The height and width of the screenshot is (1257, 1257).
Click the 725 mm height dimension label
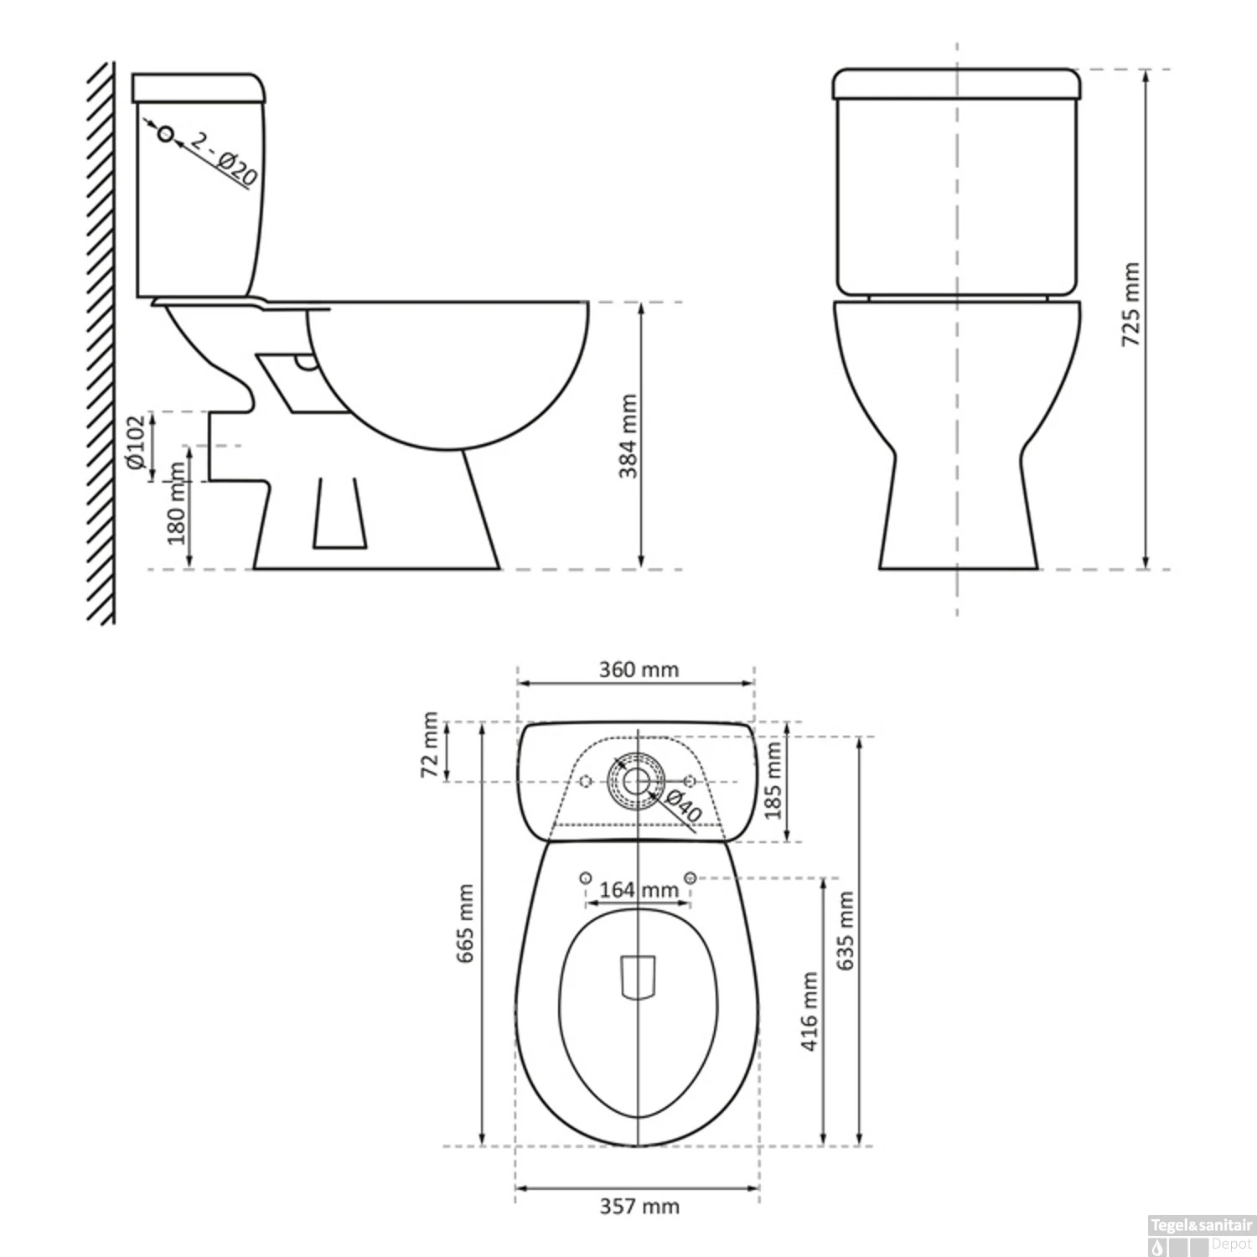click(x=1130, y=305)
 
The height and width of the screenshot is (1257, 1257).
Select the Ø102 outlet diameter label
click(x=137, y=442)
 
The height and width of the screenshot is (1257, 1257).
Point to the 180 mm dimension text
click(x=177, y=503)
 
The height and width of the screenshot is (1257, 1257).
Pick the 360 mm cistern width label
click(x=639, y=670)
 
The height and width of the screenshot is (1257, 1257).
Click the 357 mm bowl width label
click(x=639, y=1206)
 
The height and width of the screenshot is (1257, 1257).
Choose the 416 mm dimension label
click(x=810, y=1011)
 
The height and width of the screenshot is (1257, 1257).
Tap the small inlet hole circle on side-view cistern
click(x=166, y=134)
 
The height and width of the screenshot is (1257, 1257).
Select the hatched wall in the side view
click(x=101, y=344)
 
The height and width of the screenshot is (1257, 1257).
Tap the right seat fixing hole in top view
click(x=691, y=877)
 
